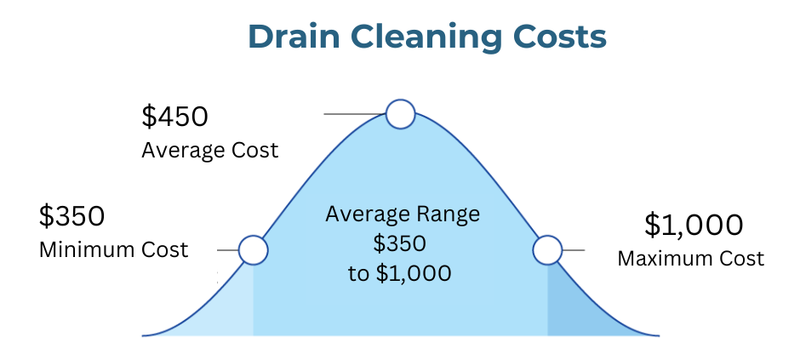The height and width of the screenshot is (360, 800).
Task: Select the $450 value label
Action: point(174,117)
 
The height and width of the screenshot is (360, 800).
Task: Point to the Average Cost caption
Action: point(209,151)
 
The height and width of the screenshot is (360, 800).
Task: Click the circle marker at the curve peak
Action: point(400,113)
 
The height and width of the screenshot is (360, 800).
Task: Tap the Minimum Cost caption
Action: point(113,250)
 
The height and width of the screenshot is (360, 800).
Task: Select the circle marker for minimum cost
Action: point(253,250)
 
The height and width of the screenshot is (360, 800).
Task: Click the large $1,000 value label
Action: point(694,225)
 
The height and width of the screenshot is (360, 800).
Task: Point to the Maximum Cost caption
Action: point(690,258)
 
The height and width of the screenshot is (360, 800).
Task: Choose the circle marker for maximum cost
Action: point(547,250)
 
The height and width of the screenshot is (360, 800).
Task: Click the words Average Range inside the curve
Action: point(402,214)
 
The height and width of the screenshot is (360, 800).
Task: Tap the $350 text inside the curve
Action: point(399,244)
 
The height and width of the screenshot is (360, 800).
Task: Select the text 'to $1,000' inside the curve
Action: point(399,274)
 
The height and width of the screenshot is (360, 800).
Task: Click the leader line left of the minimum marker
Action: point(227,250)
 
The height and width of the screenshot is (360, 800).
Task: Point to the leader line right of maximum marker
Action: point(573,250)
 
